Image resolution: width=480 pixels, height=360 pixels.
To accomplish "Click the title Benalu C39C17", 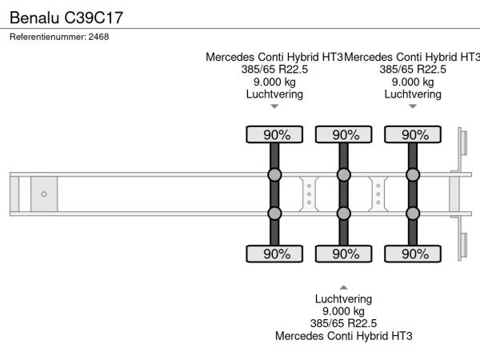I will [66, 16].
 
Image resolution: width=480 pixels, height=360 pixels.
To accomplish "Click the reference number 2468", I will [59, 37].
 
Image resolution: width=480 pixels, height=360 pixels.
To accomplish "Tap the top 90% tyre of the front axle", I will [274, 134].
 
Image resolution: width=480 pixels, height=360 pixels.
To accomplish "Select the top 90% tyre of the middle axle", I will [344, 134].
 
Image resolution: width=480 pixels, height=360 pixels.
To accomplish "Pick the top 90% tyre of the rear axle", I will [414, 134].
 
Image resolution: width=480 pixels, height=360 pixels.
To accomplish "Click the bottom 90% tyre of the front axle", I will [274, 254].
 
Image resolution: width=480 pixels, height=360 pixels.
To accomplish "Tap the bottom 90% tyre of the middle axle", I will [344, 254].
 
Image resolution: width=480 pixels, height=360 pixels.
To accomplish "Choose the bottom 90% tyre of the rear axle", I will [414, 254].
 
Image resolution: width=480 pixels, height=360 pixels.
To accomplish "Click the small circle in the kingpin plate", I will [44, 194].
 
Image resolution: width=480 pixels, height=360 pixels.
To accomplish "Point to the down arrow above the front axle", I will [274, 106].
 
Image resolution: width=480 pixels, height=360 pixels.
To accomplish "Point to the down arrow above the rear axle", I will [413, 106].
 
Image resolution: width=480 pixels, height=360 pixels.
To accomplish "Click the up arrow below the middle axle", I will [343, 287].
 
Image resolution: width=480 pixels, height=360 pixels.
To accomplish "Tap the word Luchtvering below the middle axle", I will [343, 299].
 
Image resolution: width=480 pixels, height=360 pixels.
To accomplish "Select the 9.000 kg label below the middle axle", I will [343, 311].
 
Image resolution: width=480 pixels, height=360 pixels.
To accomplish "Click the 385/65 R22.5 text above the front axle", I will [274, 70].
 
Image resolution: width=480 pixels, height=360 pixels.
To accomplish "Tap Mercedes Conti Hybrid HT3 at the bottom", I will [343, 336].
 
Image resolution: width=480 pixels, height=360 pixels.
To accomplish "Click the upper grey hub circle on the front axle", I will [274, 175].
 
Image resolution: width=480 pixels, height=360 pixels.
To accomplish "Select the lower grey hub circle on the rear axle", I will [414, 213].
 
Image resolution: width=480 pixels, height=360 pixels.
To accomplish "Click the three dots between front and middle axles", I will [309, 194].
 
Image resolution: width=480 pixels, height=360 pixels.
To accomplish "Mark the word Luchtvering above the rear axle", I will [413, 94].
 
